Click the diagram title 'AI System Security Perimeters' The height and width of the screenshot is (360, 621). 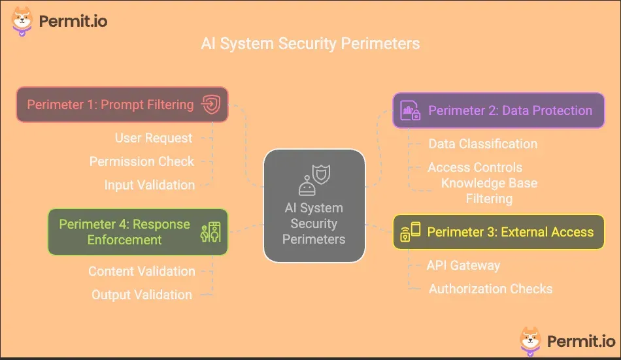(310, 44)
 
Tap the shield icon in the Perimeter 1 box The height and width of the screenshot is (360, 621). (210, 105)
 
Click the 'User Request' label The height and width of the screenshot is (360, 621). (154, 138)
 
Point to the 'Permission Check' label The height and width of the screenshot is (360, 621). (142, 161)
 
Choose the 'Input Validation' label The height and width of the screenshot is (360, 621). (149, 185)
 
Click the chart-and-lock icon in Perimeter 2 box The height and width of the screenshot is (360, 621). (411, 111)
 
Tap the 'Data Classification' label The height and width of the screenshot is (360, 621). (482, 144)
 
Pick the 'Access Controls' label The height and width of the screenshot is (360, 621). (475, 167)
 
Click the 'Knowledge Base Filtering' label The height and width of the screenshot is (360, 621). (489, 191)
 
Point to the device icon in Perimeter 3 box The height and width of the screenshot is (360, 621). (411, 232)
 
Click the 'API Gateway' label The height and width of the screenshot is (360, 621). (463, 265)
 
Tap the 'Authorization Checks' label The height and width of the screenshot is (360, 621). (490, 289)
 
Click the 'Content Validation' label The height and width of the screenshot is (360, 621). (142, 271)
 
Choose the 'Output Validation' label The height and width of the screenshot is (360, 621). (142, 295)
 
